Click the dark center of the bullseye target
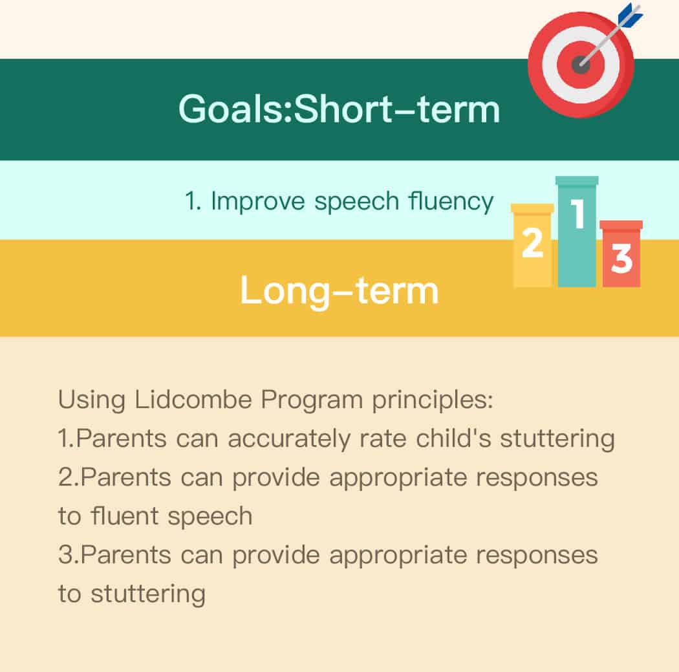pos(580,65)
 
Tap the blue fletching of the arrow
pos(630,15)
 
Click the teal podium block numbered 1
pos(577,231)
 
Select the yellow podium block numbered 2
pos(532,245)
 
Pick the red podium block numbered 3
pos(621,254)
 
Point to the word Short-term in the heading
pos(396,109)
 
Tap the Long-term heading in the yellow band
pos(339,291)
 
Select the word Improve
pos(257,202)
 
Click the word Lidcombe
pos(193,399)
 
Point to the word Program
pos(311,400)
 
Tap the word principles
pos(433,400)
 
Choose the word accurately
pos(289,439)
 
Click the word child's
pos(453,438)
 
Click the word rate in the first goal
pos(383,439)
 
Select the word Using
pos(91,400)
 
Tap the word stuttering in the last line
pos(148,594)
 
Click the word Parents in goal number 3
pos(125,555)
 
